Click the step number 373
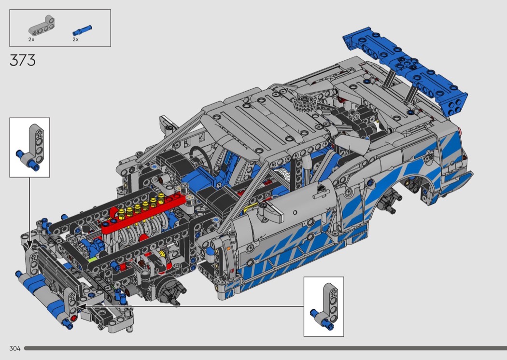23,60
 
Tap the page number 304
15,348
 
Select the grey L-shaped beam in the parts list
42,25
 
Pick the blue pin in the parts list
82,30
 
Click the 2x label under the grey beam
31,40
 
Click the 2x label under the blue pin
76,40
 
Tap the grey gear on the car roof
304,104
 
